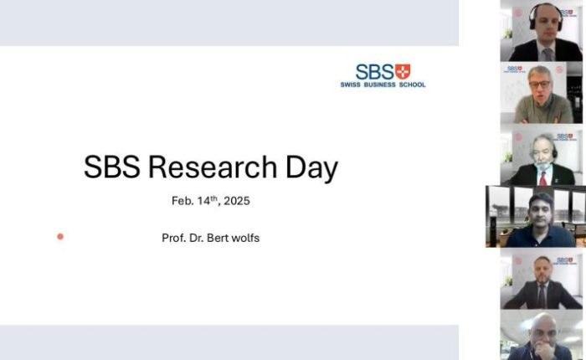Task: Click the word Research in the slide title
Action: (x=213, y=167)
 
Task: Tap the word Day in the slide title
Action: (x=311, y=168)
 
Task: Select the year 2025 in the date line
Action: (x=237, y=201)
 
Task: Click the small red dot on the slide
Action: (x=60, y=236)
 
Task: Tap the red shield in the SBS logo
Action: (x=403, y=71)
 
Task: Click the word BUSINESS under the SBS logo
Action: (x=379, y=85)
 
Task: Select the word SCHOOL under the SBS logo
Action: (x=412, y=85)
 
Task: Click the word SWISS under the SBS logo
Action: (x=350, y=85)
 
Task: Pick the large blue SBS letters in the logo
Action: (x=375, y=71)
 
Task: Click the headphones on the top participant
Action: (x=546, y=16)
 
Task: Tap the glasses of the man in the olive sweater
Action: (x=540, y=84)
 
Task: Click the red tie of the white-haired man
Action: (x=543, y=178)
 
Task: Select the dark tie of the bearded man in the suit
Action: (x=542, y=296)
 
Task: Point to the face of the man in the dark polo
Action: (x=541, y=212)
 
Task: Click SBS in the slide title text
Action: (x=112, y=167)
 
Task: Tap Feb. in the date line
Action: (x=182, y=201)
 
